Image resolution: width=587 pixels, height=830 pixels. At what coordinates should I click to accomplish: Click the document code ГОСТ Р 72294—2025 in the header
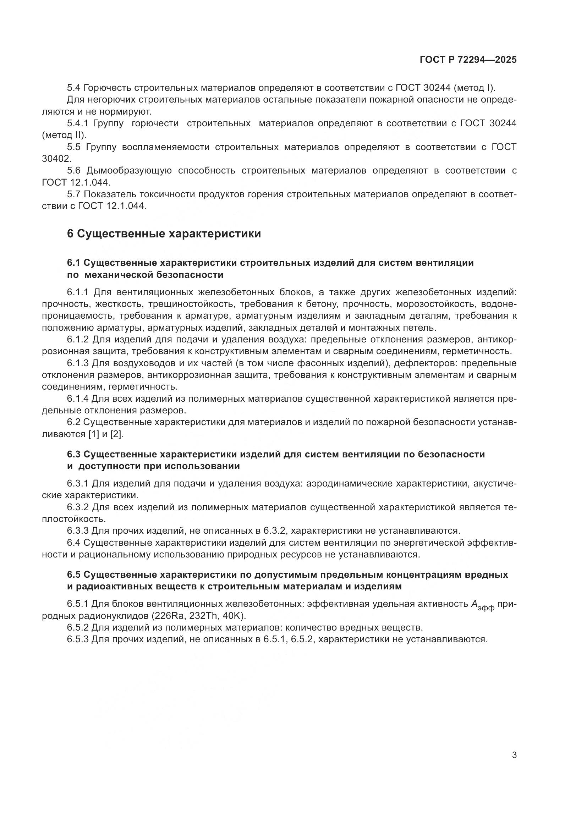coord(468,60)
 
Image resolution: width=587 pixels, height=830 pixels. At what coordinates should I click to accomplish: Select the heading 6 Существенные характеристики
coord(164,234)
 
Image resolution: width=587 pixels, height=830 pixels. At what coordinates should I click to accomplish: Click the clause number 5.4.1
coord(78,123)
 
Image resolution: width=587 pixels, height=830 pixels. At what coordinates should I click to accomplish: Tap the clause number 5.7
coord(74,194)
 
